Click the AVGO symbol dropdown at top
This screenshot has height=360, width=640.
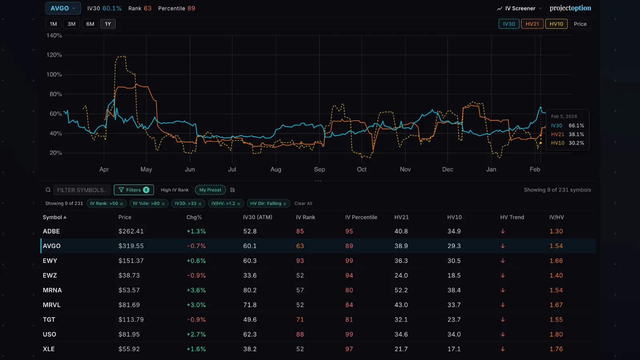coord(63,8)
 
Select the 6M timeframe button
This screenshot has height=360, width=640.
coord(90,24)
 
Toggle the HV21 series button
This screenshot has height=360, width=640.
coord(532,24)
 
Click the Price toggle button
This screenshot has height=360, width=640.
coord(580,24)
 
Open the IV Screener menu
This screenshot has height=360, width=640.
coord(520,8)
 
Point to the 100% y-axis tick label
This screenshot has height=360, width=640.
coord(54,74)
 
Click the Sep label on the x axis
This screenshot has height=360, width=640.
coord(319,169)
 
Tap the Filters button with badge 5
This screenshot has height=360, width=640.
coord(134,190)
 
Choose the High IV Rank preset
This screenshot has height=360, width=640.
coord(174,190)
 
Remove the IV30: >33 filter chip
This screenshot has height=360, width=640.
coord(200,204)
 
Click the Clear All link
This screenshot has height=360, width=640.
coord(303,204)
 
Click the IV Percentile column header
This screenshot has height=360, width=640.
coord(361,217)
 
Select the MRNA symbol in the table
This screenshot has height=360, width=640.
coord(52,290)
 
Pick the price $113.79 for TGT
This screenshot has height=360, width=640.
coord(131,320)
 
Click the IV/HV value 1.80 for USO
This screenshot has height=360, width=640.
coord(556,334)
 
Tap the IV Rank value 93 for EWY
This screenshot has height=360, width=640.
coord(300,261)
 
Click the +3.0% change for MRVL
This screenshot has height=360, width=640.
coord(196,305)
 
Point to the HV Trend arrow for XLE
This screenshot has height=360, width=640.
coord(503,349)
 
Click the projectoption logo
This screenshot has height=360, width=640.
coord(570,8)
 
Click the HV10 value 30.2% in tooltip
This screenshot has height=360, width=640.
coord(576,143)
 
